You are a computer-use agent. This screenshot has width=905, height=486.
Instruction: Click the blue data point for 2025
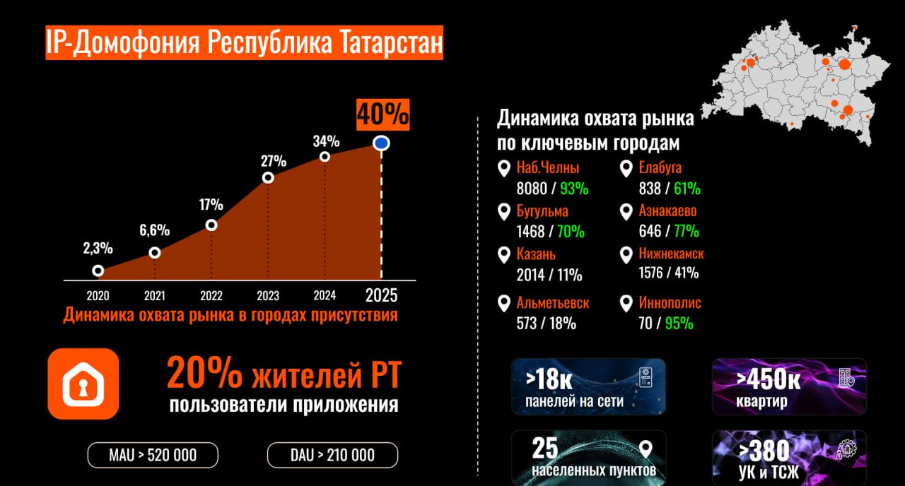pyautogui.click(x=382, y=143)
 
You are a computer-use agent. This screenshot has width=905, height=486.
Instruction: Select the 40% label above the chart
pyautogui.click(x=383, y=114)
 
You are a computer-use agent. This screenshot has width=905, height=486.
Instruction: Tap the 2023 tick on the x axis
pyautogui.click(x=268, y=295)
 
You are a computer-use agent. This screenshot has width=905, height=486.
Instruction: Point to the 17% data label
pyautogui.click(x=211, y=205)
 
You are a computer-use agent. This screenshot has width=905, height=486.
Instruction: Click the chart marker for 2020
pyautogui.click(x=98, y=271)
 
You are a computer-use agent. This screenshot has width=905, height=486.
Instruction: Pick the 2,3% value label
pyautogui.click(x=98, y=249)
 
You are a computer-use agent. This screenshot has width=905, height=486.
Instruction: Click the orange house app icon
pyautogui.click(x=83, y=384)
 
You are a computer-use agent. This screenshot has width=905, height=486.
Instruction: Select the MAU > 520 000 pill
pyautogui.click(x=153, y=455)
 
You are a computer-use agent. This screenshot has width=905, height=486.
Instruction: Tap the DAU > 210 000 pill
pyautogui.click(x=332, y=455)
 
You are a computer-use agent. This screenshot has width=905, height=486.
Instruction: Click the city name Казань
pyautogui.click(x=537, y=254)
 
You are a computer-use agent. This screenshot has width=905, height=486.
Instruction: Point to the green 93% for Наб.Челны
pyautogui.click(x=575, y=189)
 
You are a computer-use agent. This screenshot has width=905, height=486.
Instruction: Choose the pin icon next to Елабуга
pyautogui.click(x=626, y=169)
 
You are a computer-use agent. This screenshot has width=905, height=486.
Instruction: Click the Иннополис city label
pyautogui.click(x=670, y=303)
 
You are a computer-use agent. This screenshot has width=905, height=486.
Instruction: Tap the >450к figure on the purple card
pyautogui.click(x=768, y=379)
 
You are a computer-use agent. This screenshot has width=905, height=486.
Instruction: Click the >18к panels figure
pyautogui.click(x=549, y=379)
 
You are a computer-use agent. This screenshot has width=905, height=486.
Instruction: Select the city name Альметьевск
pyautogui.click(x=553, y=303)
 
